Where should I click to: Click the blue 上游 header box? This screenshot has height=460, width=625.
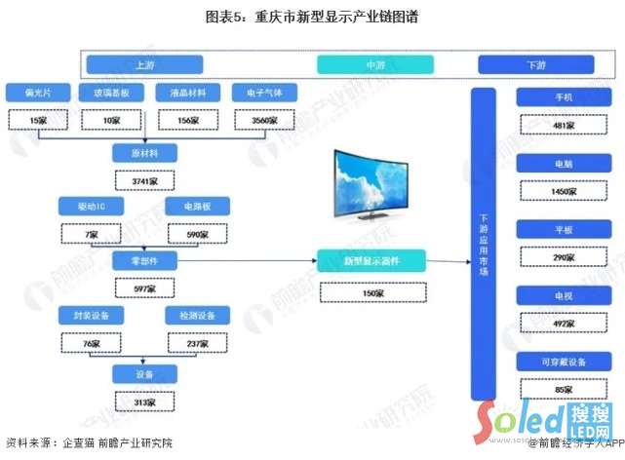[x=144, y=65]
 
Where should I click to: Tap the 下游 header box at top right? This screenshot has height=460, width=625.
[x=535, y=65]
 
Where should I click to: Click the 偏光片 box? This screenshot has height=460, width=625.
[x=38, y=95]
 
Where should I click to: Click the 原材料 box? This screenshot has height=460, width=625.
[x=144, y=153]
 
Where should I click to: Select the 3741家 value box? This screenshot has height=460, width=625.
[x=144, y=180]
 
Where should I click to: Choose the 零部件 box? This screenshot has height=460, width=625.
[x=144, y=261]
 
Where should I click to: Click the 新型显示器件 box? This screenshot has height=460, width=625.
[x=371, y=260]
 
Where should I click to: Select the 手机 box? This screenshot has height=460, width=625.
[x=564, y=98]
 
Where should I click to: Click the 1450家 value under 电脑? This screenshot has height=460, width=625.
[x=564, y=191]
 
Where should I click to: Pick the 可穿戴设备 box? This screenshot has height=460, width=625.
[x=564, y=363]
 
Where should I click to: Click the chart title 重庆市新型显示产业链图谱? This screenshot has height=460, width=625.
[x=312, y=18]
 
